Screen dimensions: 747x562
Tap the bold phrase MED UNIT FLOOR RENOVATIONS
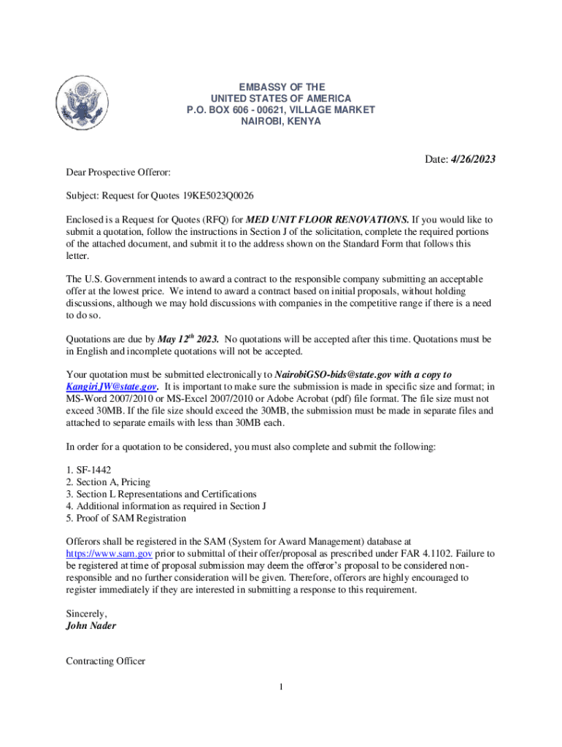pyautogui.click(x=328, y=220)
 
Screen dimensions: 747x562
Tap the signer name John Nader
pyautogui.click(x=91, y=625)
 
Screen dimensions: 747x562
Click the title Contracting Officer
pyautogui.click(x=105, y=661)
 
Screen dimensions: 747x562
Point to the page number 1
pyautogui.click(x=280, y=686)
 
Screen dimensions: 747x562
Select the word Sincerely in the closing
pyautogui.click(x=86, y=614)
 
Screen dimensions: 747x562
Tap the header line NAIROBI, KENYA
pyautogui.click(x=280, y=121)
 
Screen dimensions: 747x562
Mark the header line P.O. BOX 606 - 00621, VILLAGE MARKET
pyautogui.click(x=280, y=109)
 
